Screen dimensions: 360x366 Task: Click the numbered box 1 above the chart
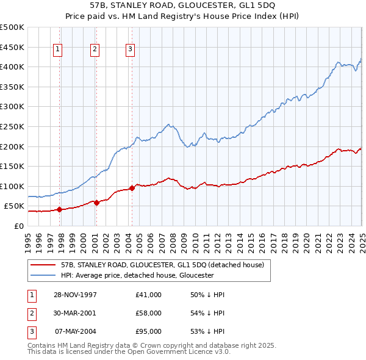click(57, 50)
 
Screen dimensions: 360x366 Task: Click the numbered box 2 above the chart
click(95, 50)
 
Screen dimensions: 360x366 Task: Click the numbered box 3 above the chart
click(131, 50)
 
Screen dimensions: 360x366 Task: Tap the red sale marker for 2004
click(132, 188)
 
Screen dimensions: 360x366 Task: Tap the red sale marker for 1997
click(60, 209)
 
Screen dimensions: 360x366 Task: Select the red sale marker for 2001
click(96, 203)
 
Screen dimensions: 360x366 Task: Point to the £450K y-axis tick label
click(12, 47)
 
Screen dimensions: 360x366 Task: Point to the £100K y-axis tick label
click(12, 186)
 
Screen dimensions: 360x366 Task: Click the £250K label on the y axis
click(12, 126)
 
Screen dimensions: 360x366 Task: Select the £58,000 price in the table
click(149, 313)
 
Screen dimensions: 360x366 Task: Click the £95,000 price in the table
click(149, 331)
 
